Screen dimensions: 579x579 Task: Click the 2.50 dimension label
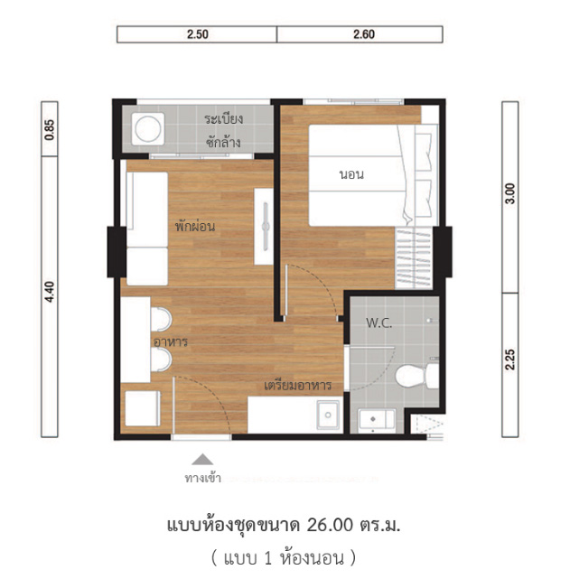coord(198,34)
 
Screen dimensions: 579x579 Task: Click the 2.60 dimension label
coord(364,34)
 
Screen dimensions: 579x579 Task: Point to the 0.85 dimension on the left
coord(50,129)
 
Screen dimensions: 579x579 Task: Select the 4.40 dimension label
coord(50,292)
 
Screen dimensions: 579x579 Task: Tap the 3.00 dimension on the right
coord(510,193)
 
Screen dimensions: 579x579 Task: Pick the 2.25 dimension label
coord(510,360)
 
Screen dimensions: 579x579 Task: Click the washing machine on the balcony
coord(148,129)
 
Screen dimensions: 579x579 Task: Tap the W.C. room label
coord(378,323)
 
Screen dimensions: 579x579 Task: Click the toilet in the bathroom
coord(417,376)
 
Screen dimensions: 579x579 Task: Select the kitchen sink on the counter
coord(328,415)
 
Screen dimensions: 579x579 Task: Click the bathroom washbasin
coord(377,421)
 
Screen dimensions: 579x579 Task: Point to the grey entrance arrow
coord(202,459)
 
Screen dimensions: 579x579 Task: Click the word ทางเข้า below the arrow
coord(202,478)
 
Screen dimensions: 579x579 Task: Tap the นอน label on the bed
coord(351,174)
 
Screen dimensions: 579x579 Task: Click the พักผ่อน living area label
coord(195,225)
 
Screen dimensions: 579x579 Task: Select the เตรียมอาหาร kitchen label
coord(297,386)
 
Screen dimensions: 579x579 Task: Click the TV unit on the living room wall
coord(264,226)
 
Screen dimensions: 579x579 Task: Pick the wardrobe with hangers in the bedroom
coord(414,257)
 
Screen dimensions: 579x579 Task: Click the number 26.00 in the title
coord(330,525)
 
